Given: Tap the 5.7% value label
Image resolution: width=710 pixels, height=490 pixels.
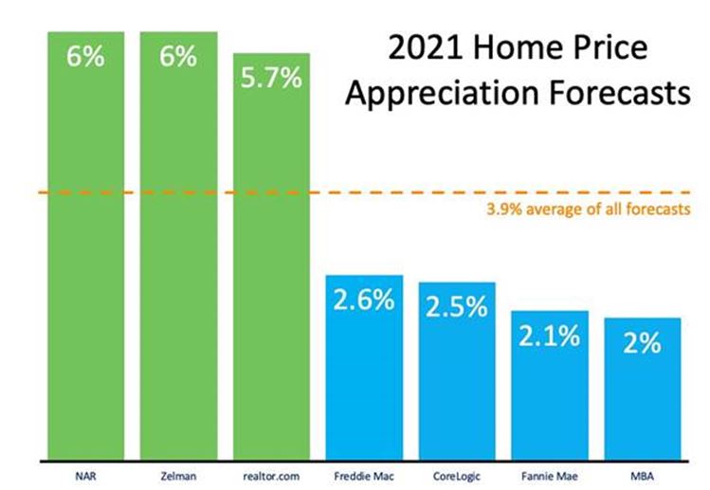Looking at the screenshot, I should click(x=271, y=78).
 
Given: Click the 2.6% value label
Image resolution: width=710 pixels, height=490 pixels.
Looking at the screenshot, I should click(x=364, y=300).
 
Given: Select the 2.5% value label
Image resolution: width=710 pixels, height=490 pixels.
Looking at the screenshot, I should click(x=457, y=308).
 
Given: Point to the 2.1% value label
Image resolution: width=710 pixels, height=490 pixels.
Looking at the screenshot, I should click(x=550, y=336).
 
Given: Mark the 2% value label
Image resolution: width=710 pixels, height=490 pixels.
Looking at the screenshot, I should click(x=643, y=343).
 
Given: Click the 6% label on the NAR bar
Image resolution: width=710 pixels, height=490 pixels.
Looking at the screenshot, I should click(x=85, y=56).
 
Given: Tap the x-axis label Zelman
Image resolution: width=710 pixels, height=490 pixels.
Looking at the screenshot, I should click(x=178, y=472).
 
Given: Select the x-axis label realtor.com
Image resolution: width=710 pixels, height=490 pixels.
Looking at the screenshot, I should click(x=271, y=472).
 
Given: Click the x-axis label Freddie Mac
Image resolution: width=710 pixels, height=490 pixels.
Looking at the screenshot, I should click(x=364, y=472).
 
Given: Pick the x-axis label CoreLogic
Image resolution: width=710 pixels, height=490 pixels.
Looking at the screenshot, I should click(x=457, y=472).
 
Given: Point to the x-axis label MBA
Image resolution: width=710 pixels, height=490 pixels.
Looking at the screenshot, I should click(x=643, y=472).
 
